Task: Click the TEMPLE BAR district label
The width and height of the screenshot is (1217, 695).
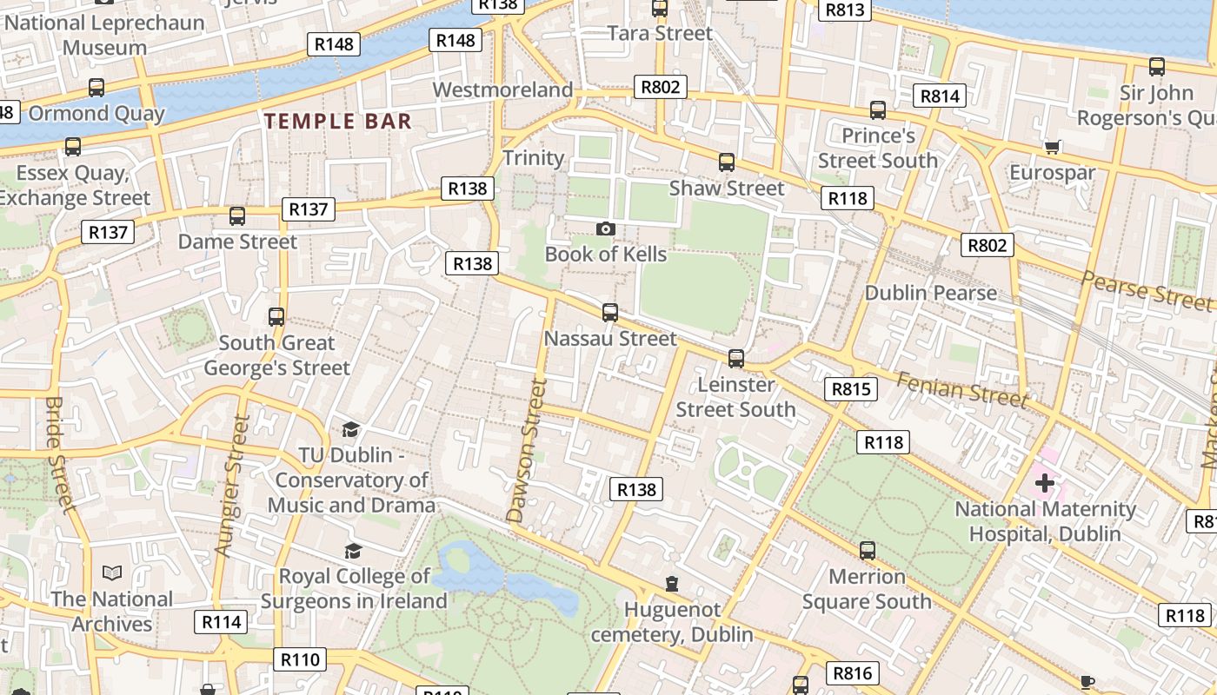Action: click(338, 121)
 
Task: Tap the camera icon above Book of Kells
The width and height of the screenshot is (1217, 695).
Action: click(606, 228)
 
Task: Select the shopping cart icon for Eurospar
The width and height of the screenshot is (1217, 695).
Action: click(1052, 147)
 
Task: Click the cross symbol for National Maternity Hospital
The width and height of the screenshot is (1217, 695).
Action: click(1044, 482)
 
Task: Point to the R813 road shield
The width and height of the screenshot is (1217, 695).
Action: click(845, 10)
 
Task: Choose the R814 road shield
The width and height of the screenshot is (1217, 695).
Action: click(940, 96)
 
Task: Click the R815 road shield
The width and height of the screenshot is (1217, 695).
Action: click(851, 389)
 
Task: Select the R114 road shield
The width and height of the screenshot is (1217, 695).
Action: click(222, 622)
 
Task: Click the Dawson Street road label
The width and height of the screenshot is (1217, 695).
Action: click(528, 452)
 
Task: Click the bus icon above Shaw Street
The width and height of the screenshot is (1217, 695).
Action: click(726, 162)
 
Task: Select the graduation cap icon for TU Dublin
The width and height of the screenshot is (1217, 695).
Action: click(350, 429)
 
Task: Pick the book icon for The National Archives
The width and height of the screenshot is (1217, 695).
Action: click(112, 573)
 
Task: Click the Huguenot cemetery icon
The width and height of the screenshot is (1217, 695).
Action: click(671, 584)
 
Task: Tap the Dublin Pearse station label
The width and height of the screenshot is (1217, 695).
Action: click(930, 293)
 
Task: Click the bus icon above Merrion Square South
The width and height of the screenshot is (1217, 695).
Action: click(867, 550)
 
